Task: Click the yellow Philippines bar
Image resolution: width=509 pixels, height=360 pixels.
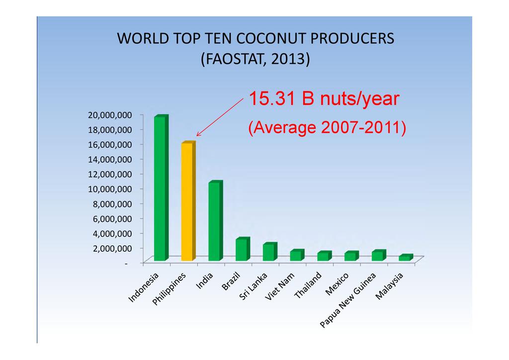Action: coord(188,201)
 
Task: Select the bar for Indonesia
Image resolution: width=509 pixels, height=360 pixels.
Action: coord(161,188)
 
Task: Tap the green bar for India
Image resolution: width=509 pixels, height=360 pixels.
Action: coord(216,221)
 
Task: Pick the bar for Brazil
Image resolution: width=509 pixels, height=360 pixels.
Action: coord(243,249)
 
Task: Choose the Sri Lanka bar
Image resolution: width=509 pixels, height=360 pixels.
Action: coord(270,252)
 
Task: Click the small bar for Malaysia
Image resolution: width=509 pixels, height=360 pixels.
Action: coord(406,258)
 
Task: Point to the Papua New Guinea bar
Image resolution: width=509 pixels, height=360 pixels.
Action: coord(379,256)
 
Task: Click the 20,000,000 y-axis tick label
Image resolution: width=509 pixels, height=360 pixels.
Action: coord(110,115)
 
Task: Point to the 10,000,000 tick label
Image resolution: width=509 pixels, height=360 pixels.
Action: coord(110,189)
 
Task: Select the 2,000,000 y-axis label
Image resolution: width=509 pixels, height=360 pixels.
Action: coord(112,248)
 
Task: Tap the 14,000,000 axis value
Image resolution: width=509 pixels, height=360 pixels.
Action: coord(110,160)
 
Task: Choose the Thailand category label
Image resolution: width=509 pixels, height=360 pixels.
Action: coord(307,285)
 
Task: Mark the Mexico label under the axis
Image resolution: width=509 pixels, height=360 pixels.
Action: coord(337,284)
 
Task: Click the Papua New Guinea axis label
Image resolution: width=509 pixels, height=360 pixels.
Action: coord(347,300)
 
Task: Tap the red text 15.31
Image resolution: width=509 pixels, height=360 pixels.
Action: coord(272,98)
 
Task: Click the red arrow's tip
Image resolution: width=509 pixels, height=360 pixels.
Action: coord(197,136)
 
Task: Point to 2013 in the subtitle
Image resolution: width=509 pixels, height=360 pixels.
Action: coord(288,59)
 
